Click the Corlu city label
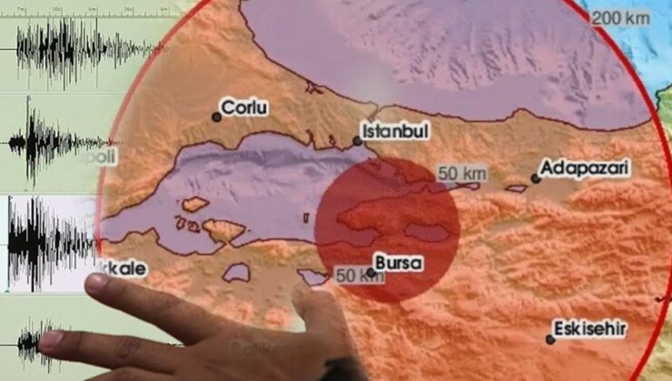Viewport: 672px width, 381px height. point(247,108)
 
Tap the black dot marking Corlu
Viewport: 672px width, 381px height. point(217,116)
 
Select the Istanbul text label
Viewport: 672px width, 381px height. point(394,132)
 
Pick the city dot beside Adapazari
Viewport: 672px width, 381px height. point(536,179)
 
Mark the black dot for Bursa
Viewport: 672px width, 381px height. point(373,271)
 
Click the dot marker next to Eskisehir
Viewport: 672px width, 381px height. point(550,339)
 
